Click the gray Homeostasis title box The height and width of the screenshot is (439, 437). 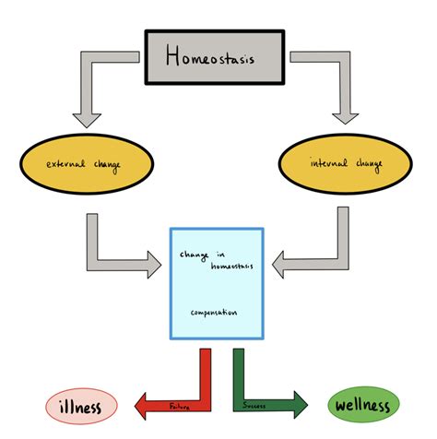pyautogui.click(x=218, y=57)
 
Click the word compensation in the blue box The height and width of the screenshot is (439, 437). pyautogui.click(x=214, y=313)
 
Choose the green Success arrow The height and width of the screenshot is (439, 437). pyautogui.click(x=263, y=387)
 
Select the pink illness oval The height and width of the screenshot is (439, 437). pyautogui.click(x=82, y=404)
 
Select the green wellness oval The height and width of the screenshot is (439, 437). pyautogui.click(x=363, y=404)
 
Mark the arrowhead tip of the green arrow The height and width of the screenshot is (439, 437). pyautogui.click(x=309, y=403)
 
